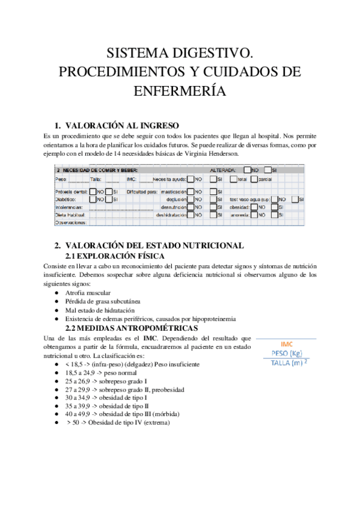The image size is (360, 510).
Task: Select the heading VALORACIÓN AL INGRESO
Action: point(121,126)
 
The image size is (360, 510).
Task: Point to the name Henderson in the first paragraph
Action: point(222,154)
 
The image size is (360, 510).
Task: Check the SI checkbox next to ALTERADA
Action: point(267,170)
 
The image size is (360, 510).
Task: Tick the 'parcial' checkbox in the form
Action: point(254,179)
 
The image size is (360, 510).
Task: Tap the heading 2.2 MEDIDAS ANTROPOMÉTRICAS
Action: point(131,328)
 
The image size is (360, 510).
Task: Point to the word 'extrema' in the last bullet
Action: point(154,422)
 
